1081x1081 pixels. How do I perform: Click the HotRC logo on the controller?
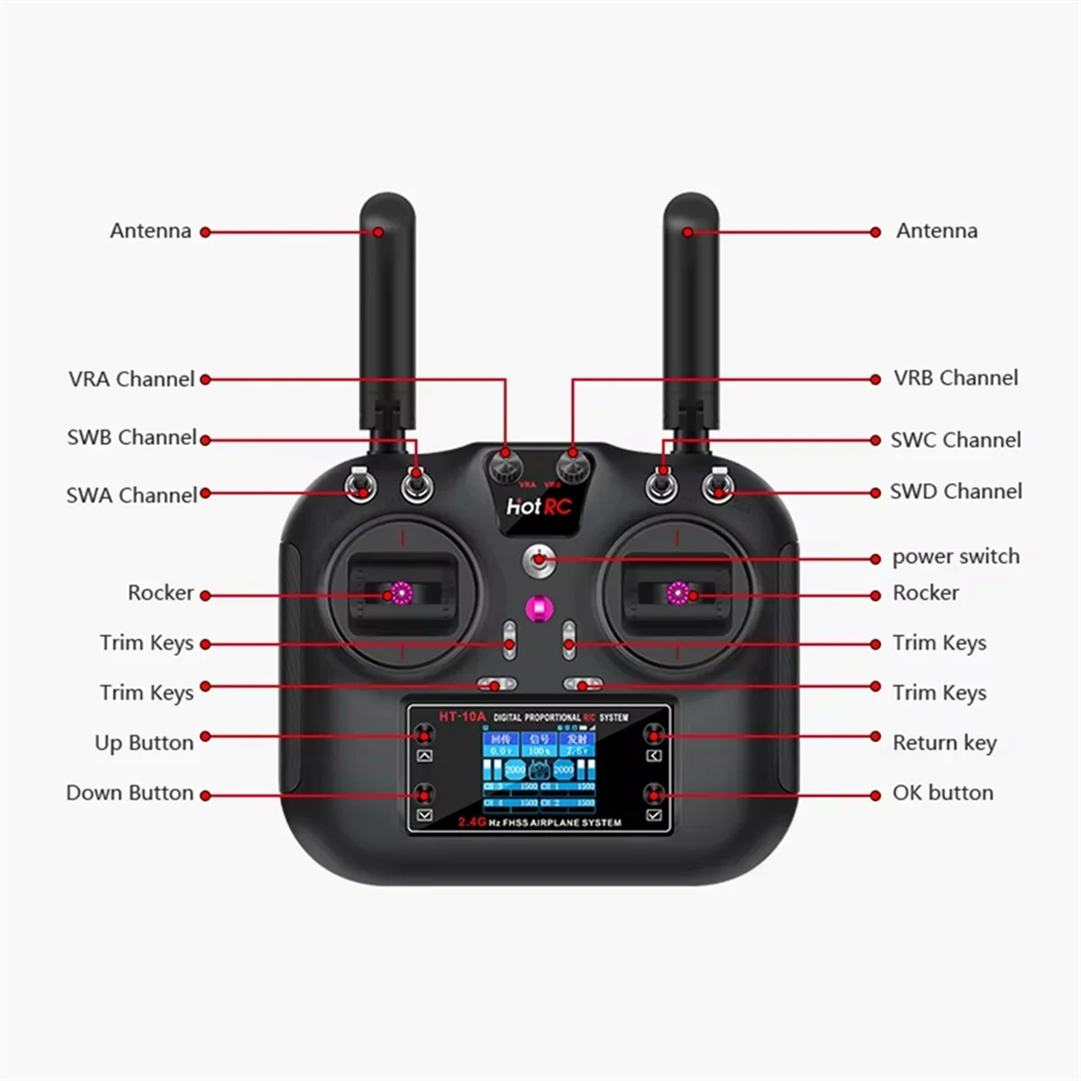pos(539,506)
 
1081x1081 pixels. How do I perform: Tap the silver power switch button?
pos(538,559)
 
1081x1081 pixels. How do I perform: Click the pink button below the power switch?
pos(539,608)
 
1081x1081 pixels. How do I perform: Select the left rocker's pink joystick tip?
pos(398,594)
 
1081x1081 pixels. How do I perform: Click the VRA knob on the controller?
pos(505,465)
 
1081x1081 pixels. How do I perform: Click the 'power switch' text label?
pos(956,557)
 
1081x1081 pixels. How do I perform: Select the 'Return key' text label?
pos(944,743)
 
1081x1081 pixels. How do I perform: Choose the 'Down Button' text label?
pos(130,794)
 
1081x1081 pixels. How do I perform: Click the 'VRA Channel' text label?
pos(132,379)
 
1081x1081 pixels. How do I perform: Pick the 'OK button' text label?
pos(942,794)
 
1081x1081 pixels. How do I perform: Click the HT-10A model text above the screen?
pos(462,717)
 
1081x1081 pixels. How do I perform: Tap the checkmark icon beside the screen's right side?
pos(654,815)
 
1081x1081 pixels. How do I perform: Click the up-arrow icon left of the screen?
pos(425,756)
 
